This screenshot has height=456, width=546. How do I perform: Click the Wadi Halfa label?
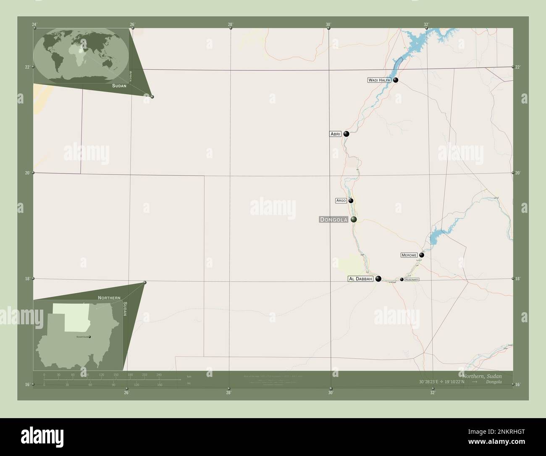coord(380,80)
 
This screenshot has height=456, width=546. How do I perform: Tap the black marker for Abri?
coord(346,134)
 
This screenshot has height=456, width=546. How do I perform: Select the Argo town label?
coord(341,201)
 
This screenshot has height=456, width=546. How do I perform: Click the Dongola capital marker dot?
coord(354,219)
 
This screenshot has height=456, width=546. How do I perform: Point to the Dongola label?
coord(333,220)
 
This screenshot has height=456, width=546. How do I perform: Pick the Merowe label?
coord(409,255)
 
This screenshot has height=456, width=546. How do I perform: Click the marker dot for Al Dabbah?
coord(378,278)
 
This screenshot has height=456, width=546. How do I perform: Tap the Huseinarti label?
coord(412,279)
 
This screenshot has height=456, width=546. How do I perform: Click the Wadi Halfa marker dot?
coord(396,80)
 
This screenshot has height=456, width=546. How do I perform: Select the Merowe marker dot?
coord(422,255)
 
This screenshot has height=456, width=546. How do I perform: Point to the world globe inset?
coord(81,56)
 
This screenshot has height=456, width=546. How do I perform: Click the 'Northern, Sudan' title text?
coord(481,376)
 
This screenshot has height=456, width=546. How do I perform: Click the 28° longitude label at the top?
coord(230,24)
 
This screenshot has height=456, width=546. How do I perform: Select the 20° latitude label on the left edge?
coord(27,173)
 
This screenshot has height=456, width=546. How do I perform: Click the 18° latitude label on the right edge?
coord(518,278)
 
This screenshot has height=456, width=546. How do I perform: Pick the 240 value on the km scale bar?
coord(159,374)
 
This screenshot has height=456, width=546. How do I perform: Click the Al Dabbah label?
coord(360,278)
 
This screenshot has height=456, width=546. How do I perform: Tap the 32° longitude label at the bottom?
coord(433,392)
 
